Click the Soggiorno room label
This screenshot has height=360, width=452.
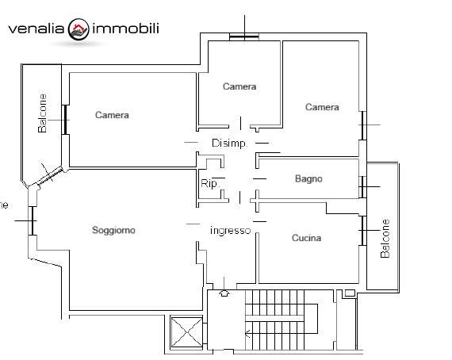click(x=113, y=230)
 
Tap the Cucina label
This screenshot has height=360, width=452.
click(x=306, y=238)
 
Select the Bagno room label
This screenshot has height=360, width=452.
click(x=308, y=179)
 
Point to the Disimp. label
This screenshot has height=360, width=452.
click(x=229, y=144)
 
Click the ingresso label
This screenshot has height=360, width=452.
click(x=230, y=231)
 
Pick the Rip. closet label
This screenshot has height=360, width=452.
click(x=209, y=184)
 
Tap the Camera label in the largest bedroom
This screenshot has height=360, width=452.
click(x=112, y=115)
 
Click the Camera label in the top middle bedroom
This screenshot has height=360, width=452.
click(x=239, y=86)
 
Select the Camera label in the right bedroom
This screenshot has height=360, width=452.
click(x=322, y=107)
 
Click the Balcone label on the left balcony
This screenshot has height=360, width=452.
click(x=42, y=113)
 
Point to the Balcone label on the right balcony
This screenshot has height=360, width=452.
click(x=385, y=239)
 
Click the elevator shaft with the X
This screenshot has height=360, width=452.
click(x=187, y=332)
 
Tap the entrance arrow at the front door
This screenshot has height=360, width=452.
click(x=224, y=293)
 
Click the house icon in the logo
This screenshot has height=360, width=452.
click(x=79, y=29)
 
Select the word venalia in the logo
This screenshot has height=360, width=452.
click(x=36, y=29)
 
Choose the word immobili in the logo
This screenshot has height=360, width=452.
click(x=125, y=29)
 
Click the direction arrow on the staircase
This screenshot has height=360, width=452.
click(x=247, y=334)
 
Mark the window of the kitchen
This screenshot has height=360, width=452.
click(x=363, y=231)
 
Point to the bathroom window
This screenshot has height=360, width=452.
click(x=362, y=187)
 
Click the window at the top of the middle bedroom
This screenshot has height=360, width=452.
click(x=244, y=37)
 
